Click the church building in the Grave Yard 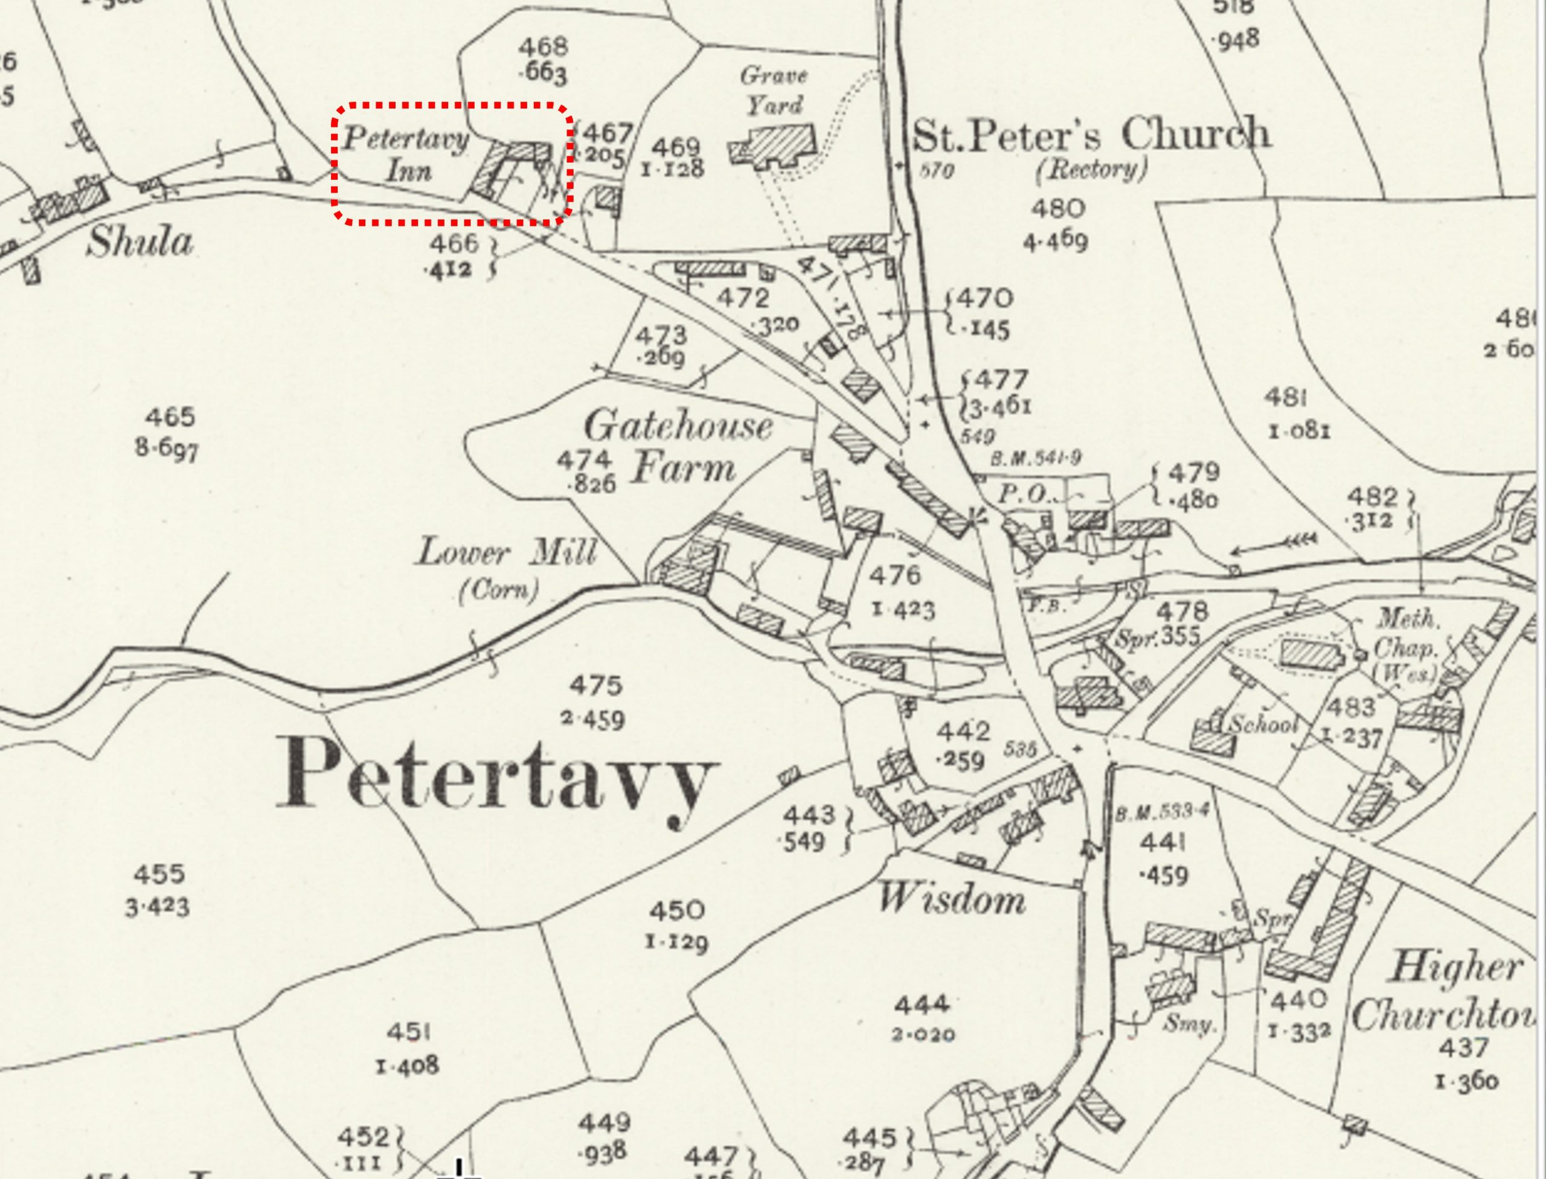click(x=778, y=146)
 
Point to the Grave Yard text click(x=774, y=91)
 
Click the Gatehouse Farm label click(x=678, y=447)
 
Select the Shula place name click(x=139, y=243)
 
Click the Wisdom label click(x=951, y=899)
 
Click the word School click(x=1261, y=724)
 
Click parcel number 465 click(x=169, y=418)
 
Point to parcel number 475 click(x=595, y=685)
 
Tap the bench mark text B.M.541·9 click(x=1035, y=459)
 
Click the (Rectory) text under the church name click(x=1091, y=170)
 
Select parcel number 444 click(x=922, y=1005)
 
